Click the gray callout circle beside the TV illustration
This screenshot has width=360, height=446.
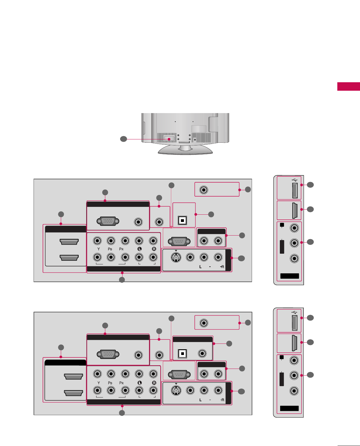[123, 139]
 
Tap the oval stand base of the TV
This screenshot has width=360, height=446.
[185, 150]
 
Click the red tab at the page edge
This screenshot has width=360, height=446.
[349, 86]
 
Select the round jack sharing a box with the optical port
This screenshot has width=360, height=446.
[202, 353]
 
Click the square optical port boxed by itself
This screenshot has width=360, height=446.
[182, 220]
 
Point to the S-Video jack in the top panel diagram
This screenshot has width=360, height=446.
[176, 257]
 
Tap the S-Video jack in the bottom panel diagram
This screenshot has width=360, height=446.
[176, 391]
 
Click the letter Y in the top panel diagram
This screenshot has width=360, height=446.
[99, 249]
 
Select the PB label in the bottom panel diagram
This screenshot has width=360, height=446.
[110, 383]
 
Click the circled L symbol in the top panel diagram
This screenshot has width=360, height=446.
[139, 249]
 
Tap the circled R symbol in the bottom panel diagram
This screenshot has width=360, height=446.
[154, 383]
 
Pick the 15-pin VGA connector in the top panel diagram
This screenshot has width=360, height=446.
[108, 221]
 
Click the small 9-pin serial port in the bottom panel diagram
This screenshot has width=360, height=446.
[179, 375]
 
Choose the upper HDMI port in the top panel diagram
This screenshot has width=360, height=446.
[69, 242]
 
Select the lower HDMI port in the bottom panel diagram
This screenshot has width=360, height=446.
[74, 393]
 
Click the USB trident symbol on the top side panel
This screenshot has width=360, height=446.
[295, 180]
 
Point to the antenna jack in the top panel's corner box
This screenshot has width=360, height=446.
[204, 190]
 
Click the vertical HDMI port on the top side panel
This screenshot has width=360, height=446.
[295, 210]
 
